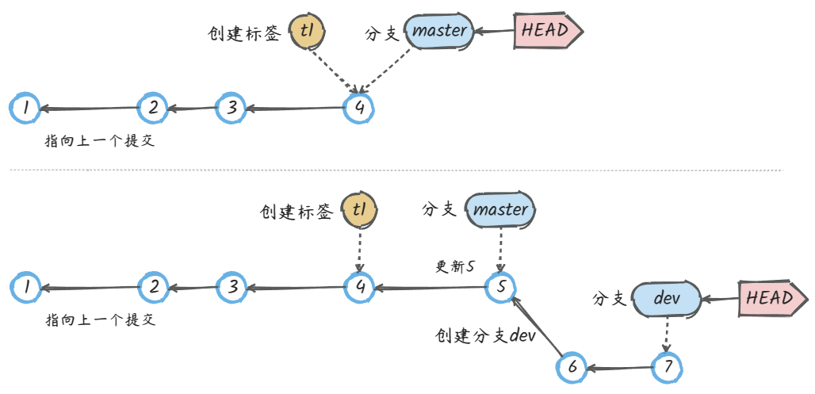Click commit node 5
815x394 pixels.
[x=500, y=286]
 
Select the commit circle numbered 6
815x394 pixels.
[x=571, y=367]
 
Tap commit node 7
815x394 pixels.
[x=668, y=367]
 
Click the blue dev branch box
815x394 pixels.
[x=667, y=299]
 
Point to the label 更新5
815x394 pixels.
[x=455, y=267]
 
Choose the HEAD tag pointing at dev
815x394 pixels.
[x=773, y=298]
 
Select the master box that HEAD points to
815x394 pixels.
[x=441, y=31]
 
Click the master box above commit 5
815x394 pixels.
[x=501, y=210]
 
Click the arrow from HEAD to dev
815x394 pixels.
[x=721, y=299]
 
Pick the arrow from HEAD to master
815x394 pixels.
[x=495, y=32]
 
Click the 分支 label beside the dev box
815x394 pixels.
[x=610, y=300]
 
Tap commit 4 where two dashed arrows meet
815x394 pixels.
[x=359, y=108]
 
